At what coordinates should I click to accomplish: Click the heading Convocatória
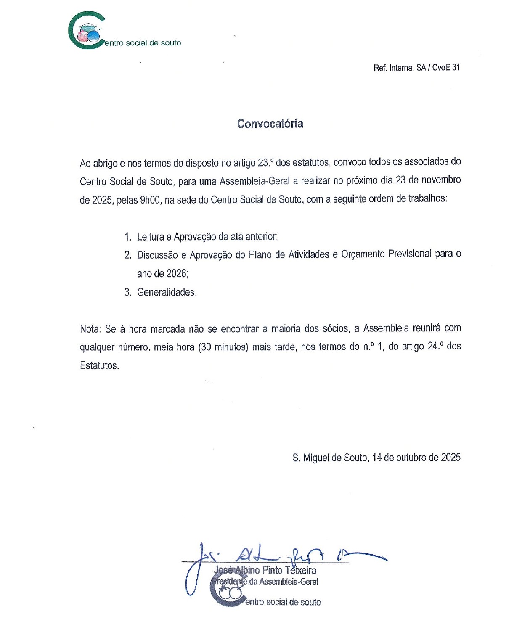coord(270,124)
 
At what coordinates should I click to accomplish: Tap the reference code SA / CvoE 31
coord(438,67)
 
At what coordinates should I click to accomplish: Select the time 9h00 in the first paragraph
coord(150,200)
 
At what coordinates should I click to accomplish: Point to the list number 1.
coord(128,237)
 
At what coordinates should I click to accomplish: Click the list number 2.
coord(128,255)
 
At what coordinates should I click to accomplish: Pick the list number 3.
coord(128,292)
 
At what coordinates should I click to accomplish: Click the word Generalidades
coord(167,292)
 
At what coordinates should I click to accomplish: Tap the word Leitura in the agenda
coord(150,237)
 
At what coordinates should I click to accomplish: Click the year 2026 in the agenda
coord(177,273)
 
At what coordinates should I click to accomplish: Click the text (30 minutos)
coord(223,347)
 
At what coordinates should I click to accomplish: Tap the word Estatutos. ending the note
coord(99,366)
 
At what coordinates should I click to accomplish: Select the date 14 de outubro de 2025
coord(416,458)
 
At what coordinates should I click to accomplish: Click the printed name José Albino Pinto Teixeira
coord(265,570)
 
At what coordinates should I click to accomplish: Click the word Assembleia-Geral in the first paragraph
coord(254,181)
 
